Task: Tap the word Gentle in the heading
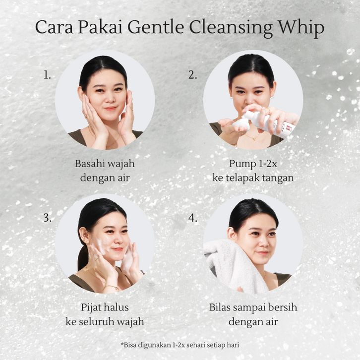pyautogui.click(x=156, y=28)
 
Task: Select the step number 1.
pyautogui.click(x=47, y=75)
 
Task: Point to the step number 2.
pyautogui.click(x=192, y=75)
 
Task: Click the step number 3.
pyautogui.click(x=48, y=218)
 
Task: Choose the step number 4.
pyautogui.click(x=193, y=218)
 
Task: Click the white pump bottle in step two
pyautogui.click(x=269, y=123)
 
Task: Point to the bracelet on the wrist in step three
pyautogui.click(x=111, y=287)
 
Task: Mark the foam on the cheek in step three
pyautogui.click(x=101, y=247)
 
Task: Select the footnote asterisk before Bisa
pyautogui.click(x=122, y=344)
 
